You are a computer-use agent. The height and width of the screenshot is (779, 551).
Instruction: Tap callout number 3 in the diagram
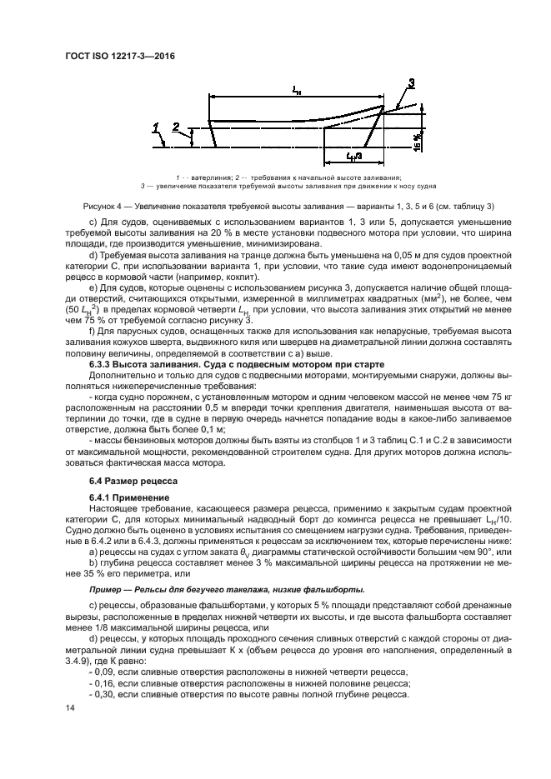411,82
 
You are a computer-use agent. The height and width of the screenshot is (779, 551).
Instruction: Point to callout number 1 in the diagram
155,126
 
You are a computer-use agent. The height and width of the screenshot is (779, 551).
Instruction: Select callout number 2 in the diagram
176,126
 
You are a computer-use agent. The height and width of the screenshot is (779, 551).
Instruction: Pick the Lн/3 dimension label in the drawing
353,156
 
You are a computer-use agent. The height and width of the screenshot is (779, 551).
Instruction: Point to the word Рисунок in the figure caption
102,205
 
